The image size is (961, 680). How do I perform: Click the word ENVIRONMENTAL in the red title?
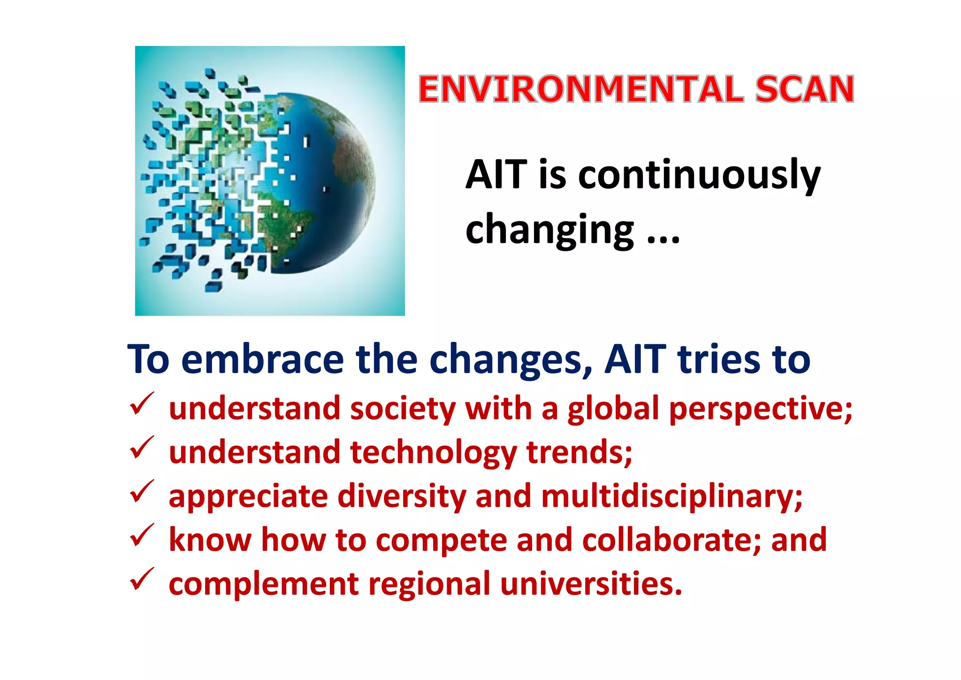point(581,89)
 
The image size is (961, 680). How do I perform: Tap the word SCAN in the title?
point(804,89)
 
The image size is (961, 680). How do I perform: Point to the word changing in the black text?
point(549,230)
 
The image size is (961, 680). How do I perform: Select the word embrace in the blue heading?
point(263,359)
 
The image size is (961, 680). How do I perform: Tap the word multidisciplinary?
point(671,496)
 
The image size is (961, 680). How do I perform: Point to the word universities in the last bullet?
point(591,584)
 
